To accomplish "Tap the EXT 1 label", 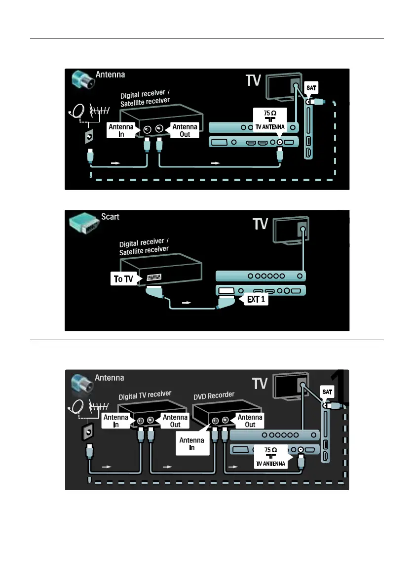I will [x=256, y=299].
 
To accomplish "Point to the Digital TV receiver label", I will [x=145, y=394].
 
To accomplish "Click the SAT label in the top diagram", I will [x=312, y=88].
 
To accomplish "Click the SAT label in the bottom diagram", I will [x=328, y=391].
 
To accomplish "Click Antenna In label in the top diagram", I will [x=120, y=130].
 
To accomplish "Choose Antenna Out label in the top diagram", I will [x=185, y=130].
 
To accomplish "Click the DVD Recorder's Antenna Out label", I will [x=250, y=421].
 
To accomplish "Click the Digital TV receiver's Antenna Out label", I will [x=175, y=421].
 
